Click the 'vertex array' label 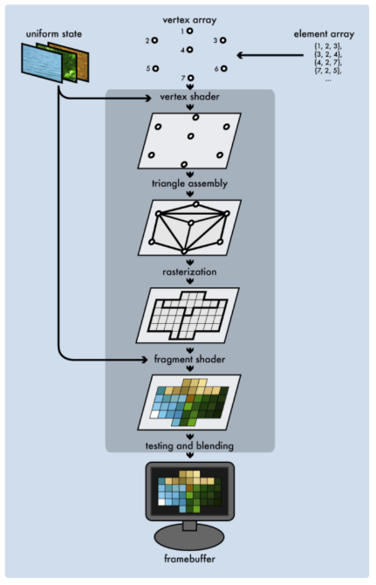[x=188, y=18]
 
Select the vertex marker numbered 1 [x=190, y=31]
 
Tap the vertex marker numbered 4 [x=190, y=50]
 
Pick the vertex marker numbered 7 [x=190, y=79]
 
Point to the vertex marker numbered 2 [x=155, y=40]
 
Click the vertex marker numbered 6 [x=224, y=68]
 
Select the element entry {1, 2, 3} [x=328, y=45]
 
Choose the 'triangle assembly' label [x=189, y=184]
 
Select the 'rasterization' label [x=189, y=272]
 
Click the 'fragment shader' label [x=189, y=359]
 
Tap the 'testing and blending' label [x=189, y=446]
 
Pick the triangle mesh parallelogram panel [x=189, y=227]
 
